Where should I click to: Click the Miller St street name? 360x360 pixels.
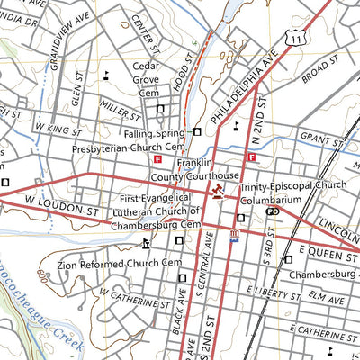click(122, 111)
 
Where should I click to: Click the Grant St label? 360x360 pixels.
click(317, 137)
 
